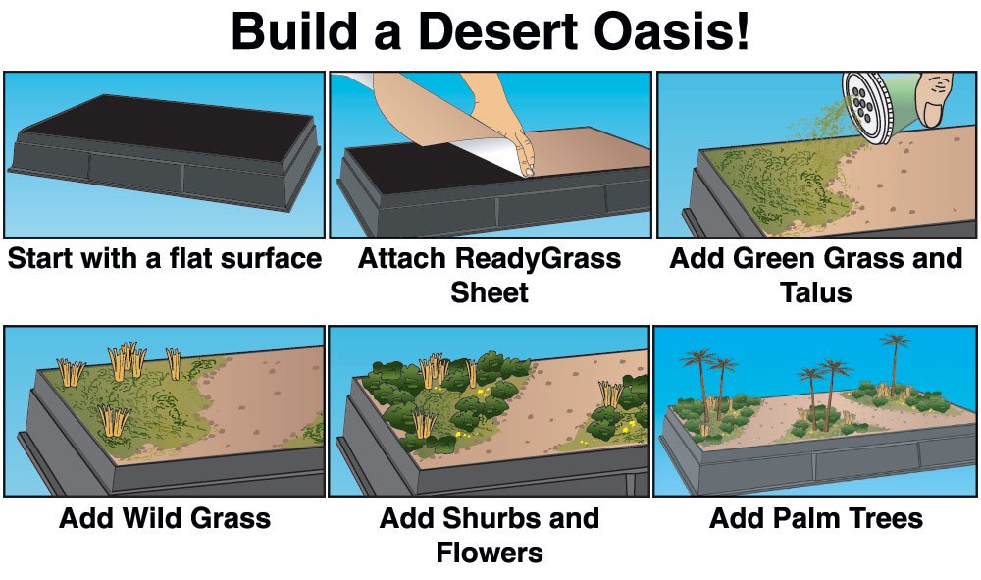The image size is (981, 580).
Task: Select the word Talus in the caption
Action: (x=816, y=292)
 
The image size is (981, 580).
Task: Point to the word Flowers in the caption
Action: (x=490, y=553)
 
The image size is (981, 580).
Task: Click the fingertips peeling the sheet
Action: (x=525, y=160)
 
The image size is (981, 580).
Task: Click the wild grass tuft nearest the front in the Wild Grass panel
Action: (x=114, y=420)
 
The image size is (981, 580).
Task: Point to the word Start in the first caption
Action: (x=37, y=258)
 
